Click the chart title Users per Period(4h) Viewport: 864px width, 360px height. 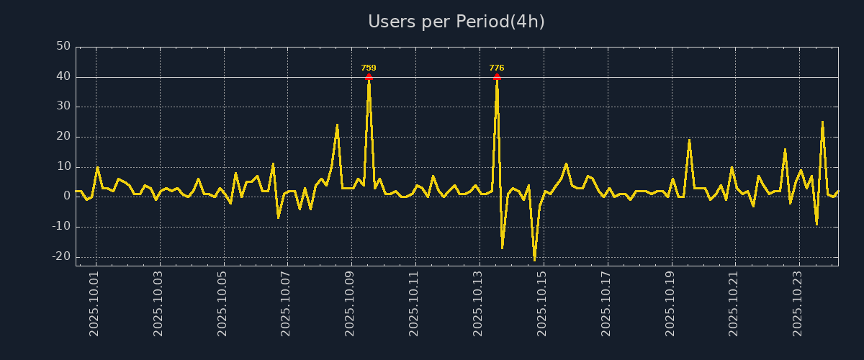tap(456, 22)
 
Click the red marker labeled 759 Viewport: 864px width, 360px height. tap(369, 76)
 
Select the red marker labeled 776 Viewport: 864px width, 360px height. tap(497, 76)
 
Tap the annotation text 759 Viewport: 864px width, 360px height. tap(369, 68)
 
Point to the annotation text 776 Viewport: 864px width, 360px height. tap(497, 68)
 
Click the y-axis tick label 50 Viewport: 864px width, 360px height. tap(63, 47)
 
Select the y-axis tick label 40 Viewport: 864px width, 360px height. tap(63, 76)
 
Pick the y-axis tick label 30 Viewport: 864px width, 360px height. tap(63, 107)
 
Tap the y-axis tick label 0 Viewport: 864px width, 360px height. tap(67, 197)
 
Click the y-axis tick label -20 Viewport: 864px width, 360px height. tap(61, 256)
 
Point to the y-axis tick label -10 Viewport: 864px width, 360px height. tap(61, 227)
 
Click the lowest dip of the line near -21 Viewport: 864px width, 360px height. tap(534, 259)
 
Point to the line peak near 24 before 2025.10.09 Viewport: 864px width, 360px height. tap(337, 125)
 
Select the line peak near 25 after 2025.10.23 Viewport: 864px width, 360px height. tap(822, 122)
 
